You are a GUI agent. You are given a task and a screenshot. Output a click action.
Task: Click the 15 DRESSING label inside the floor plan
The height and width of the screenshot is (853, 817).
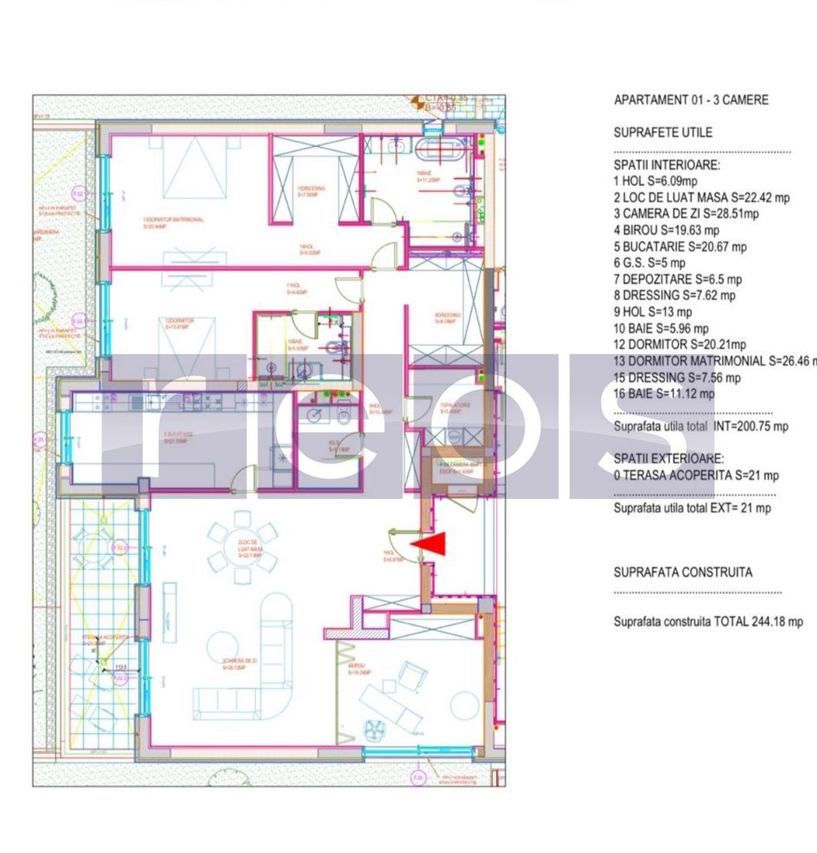[309, 189]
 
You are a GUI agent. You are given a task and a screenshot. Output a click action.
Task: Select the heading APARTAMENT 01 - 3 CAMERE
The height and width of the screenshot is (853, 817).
[691, 100]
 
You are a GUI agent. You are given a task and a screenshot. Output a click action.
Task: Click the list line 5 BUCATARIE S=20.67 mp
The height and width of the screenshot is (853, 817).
[680, 247]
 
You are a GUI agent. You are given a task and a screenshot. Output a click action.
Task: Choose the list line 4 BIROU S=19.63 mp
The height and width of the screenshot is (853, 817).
[666, 231]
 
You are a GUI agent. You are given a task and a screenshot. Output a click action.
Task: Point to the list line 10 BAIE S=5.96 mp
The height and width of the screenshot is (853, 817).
[661, 329]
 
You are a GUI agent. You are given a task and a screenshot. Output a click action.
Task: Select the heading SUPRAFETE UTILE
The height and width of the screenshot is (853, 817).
[662, 133]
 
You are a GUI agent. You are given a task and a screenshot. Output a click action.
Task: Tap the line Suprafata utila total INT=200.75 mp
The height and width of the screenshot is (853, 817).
[700, 426]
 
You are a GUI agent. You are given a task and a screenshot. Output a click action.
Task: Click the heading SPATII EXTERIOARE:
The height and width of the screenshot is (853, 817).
[668, 459]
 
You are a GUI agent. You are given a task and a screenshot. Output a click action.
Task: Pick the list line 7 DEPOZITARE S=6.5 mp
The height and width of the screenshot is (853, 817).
[677, 280]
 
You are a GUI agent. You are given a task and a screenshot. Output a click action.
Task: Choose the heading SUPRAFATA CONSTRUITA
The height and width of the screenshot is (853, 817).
[683, 573]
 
